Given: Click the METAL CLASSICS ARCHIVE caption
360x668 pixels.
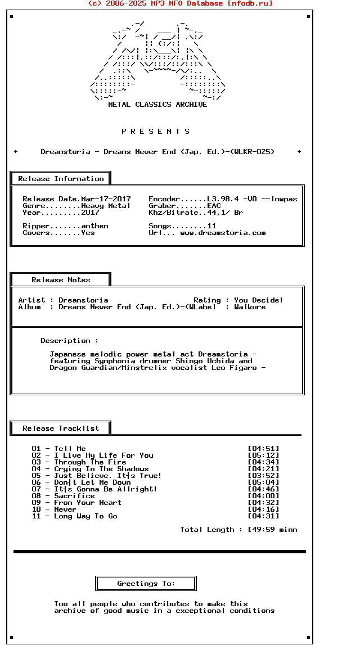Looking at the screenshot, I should [157, 105].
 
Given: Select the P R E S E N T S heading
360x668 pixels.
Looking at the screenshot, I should [156, 132].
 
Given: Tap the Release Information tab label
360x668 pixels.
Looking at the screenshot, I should [61, 179].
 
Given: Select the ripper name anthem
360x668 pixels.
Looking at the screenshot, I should [94, 226].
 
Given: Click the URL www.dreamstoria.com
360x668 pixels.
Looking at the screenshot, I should [223, 233].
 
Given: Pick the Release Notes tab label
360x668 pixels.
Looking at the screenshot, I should [61, 280].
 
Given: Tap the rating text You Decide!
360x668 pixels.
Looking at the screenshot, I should [259, 300].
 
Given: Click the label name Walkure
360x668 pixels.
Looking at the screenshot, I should [250, 307].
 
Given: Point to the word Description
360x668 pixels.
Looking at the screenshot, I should [65, 341].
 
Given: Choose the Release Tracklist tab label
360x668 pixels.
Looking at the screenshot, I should [61, 428].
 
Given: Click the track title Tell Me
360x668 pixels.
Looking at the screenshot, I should [70, 449].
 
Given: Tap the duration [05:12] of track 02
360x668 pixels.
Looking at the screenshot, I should [263, 455].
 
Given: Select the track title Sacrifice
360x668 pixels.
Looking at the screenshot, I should [74, 496].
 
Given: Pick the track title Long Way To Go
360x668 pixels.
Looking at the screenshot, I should [85, 516].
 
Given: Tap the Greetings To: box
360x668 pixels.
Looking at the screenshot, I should [146, 584].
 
